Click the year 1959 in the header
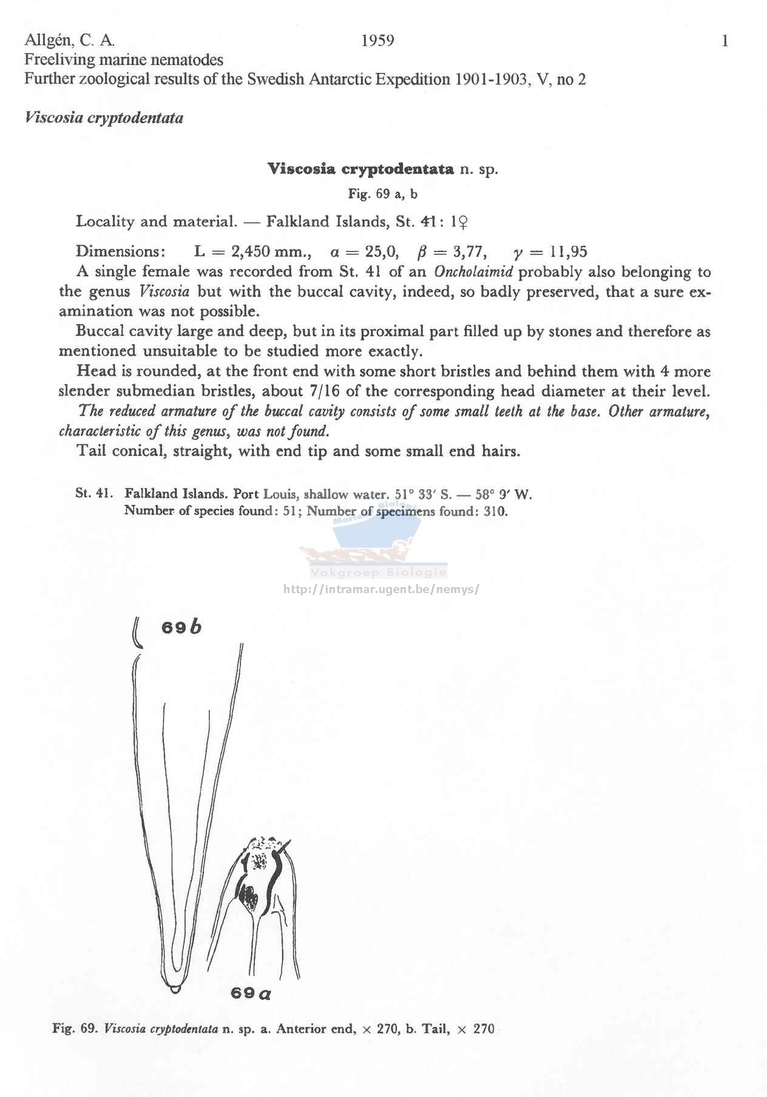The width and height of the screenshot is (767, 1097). (x=377, y=41)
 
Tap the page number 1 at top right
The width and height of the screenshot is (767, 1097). (x=725, y=41)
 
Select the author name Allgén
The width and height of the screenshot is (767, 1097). (x=49, y=41)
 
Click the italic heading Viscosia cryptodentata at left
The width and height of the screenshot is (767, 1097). (x=104, y=118)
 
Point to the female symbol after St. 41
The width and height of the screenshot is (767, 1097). (x=461, y=222)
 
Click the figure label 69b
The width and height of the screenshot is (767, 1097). (x=181, y=627)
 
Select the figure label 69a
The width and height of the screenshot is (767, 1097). (x=251, y=993)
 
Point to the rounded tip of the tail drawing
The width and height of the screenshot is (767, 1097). (x=175, y=988)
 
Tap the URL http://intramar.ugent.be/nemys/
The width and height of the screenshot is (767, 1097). (x=381, y=589)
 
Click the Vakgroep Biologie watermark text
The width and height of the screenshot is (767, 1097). (x=378, y=572)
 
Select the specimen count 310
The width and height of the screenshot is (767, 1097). (x=495, y=511)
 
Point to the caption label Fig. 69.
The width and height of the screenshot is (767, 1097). (x=74, y=1028)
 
